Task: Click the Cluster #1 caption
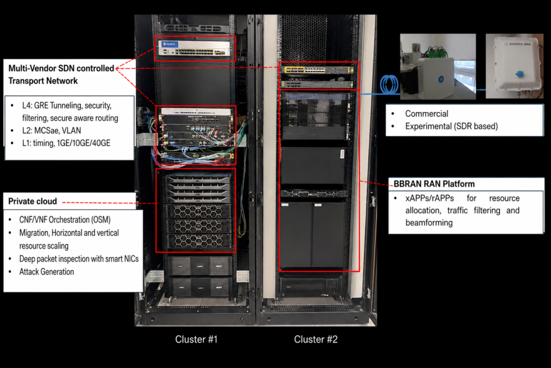pos(196,339)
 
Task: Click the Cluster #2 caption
pos(315,339)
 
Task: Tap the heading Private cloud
pos(32,201)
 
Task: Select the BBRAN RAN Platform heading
pos(434,184)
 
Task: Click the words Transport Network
pos(43,81)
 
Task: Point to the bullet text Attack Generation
pos(46,272)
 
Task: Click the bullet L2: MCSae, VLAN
pos(51,130)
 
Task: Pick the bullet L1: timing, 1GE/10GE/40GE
pos(66,143)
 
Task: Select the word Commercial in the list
pos(427,114)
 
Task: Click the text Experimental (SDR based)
pos(451,126)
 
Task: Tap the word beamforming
pos(429,223)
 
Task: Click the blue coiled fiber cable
pos(389,84)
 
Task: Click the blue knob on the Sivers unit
pos(519,74)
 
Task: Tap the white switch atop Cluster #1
pos(194,48)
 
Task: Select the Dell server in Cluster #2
pos(313,194)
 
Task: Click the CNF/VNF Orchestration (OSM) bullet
pos(65,220)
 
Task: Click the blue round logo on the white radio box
pos(441,80)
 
